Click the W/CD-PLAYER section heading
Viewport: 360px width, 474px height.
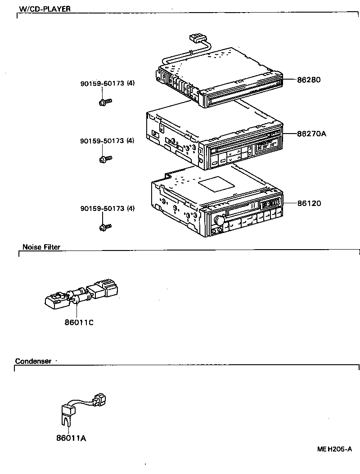45,9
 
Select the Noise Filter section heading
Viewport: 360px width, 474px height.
41,247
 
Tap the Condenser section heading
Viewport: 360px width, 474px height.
33,361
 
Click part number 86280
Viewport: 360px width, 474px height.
309,80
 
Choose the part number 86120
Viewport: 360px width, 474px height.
309,203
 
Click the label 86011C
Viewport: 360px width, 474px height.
79,322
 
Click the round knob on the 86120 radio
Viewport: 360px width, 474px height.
219,220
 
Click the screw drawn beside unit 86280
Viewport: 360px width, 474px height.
104,102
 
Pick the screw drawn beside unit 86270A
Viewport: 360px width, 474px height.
105,159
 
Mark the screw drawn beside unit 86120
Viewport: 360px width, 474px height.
105,227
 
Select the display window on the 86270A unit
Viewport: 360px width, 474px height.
265,147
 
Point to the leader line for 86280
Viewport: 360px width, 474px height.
290,80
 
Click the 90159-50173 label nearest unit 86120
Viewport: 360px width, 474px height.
107,208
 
